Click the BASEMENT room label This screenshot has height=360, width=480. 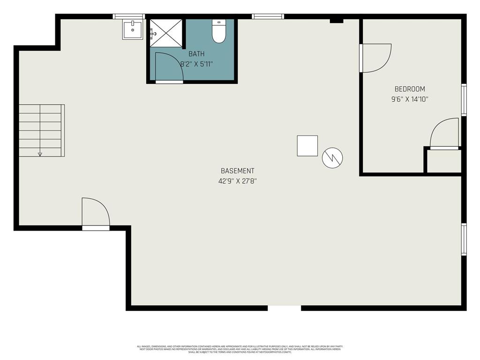[x=237, y=171]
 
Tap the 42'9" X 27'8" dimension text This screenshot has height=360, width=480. [x=237, y=180]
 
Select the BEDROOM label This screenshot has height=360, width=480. [x=410, y=89]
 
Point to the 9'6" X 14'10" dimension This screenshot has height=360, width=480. [x=410, y=99]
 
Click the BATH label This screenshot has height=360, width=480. [x=196, y=54]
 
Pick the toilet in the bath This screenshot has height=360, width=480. [x=219, y=32]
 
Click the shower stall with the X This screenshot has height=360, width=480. [x=165, y=33]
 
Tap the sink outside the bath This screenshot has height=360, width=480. [x=133, y=30]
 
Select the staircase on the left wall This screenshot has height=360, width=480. [x=41, y=130]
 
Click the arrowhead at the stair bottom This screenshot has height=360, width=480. [x=40, y=154]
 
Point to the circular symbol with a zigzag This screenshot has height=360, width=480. [x=332, y=158]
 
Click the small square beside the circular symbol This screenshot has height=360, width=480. [x=307, y=146]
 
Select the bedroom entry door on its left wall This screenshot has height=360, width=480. [x=375, y=58]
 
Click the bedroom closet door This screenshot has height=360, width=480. [x=444, y=134]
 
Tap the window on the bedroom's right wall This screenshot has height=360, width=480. [x=464, y=99]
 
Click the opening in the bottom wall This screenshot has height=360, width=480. [x=284, y=308]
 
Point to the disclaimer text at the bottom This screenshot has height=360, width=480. [x=240, y=349]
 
